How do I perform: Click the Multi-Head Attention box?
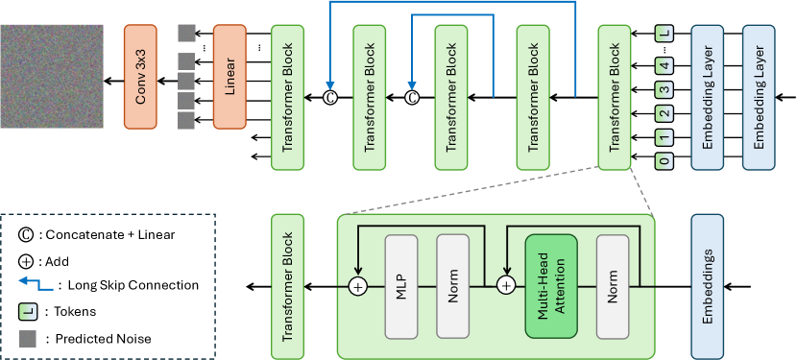tap(550, 285)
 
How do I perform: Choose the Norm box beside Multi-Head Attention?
tap(612, 285)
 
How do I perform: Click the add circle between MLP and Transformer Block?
tap(358, 286)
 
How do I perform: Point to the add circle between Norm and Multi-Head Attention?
tap(506, 286)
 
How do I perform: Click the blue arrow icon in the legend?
tap(32, 284)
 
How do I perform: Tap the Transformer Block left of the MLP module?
tap(287, 285)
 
